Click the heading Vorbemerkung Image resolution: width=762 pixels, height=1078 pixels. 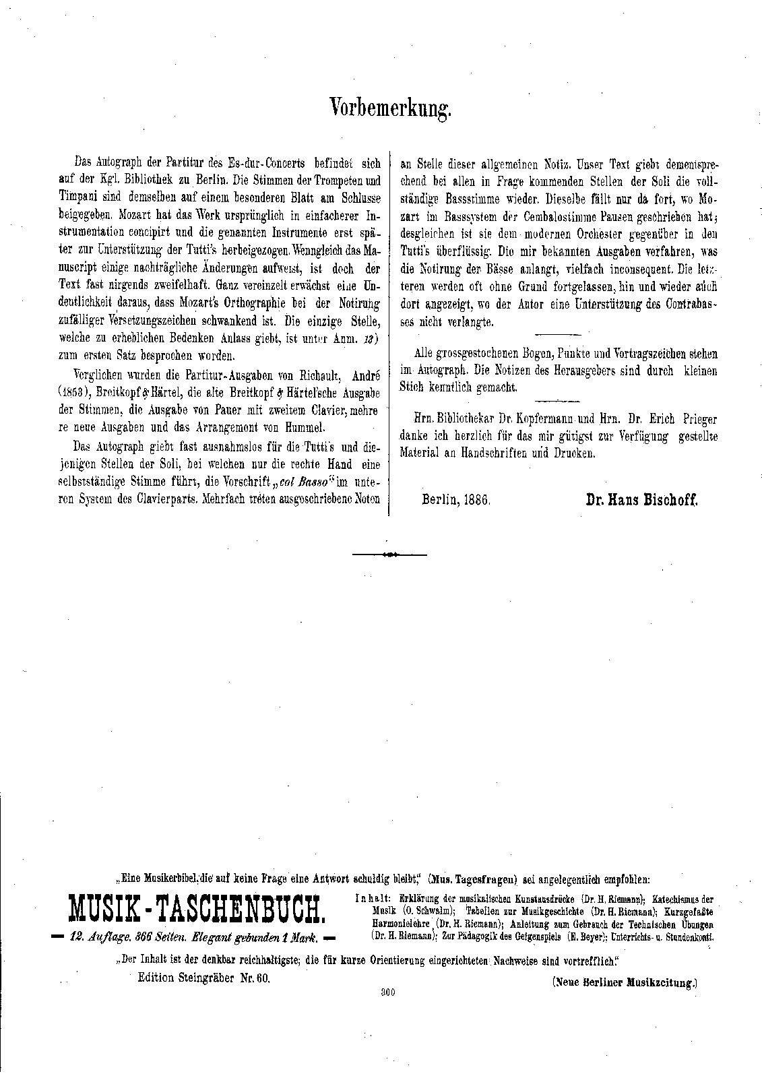390,108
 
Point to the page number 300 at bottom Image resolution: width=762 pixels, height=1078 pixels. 387,991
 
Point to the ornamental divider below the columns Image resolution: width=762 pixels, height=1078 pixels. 390,554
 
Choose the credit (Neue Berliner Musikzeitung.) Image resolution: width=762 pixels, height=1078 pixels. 624,983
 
